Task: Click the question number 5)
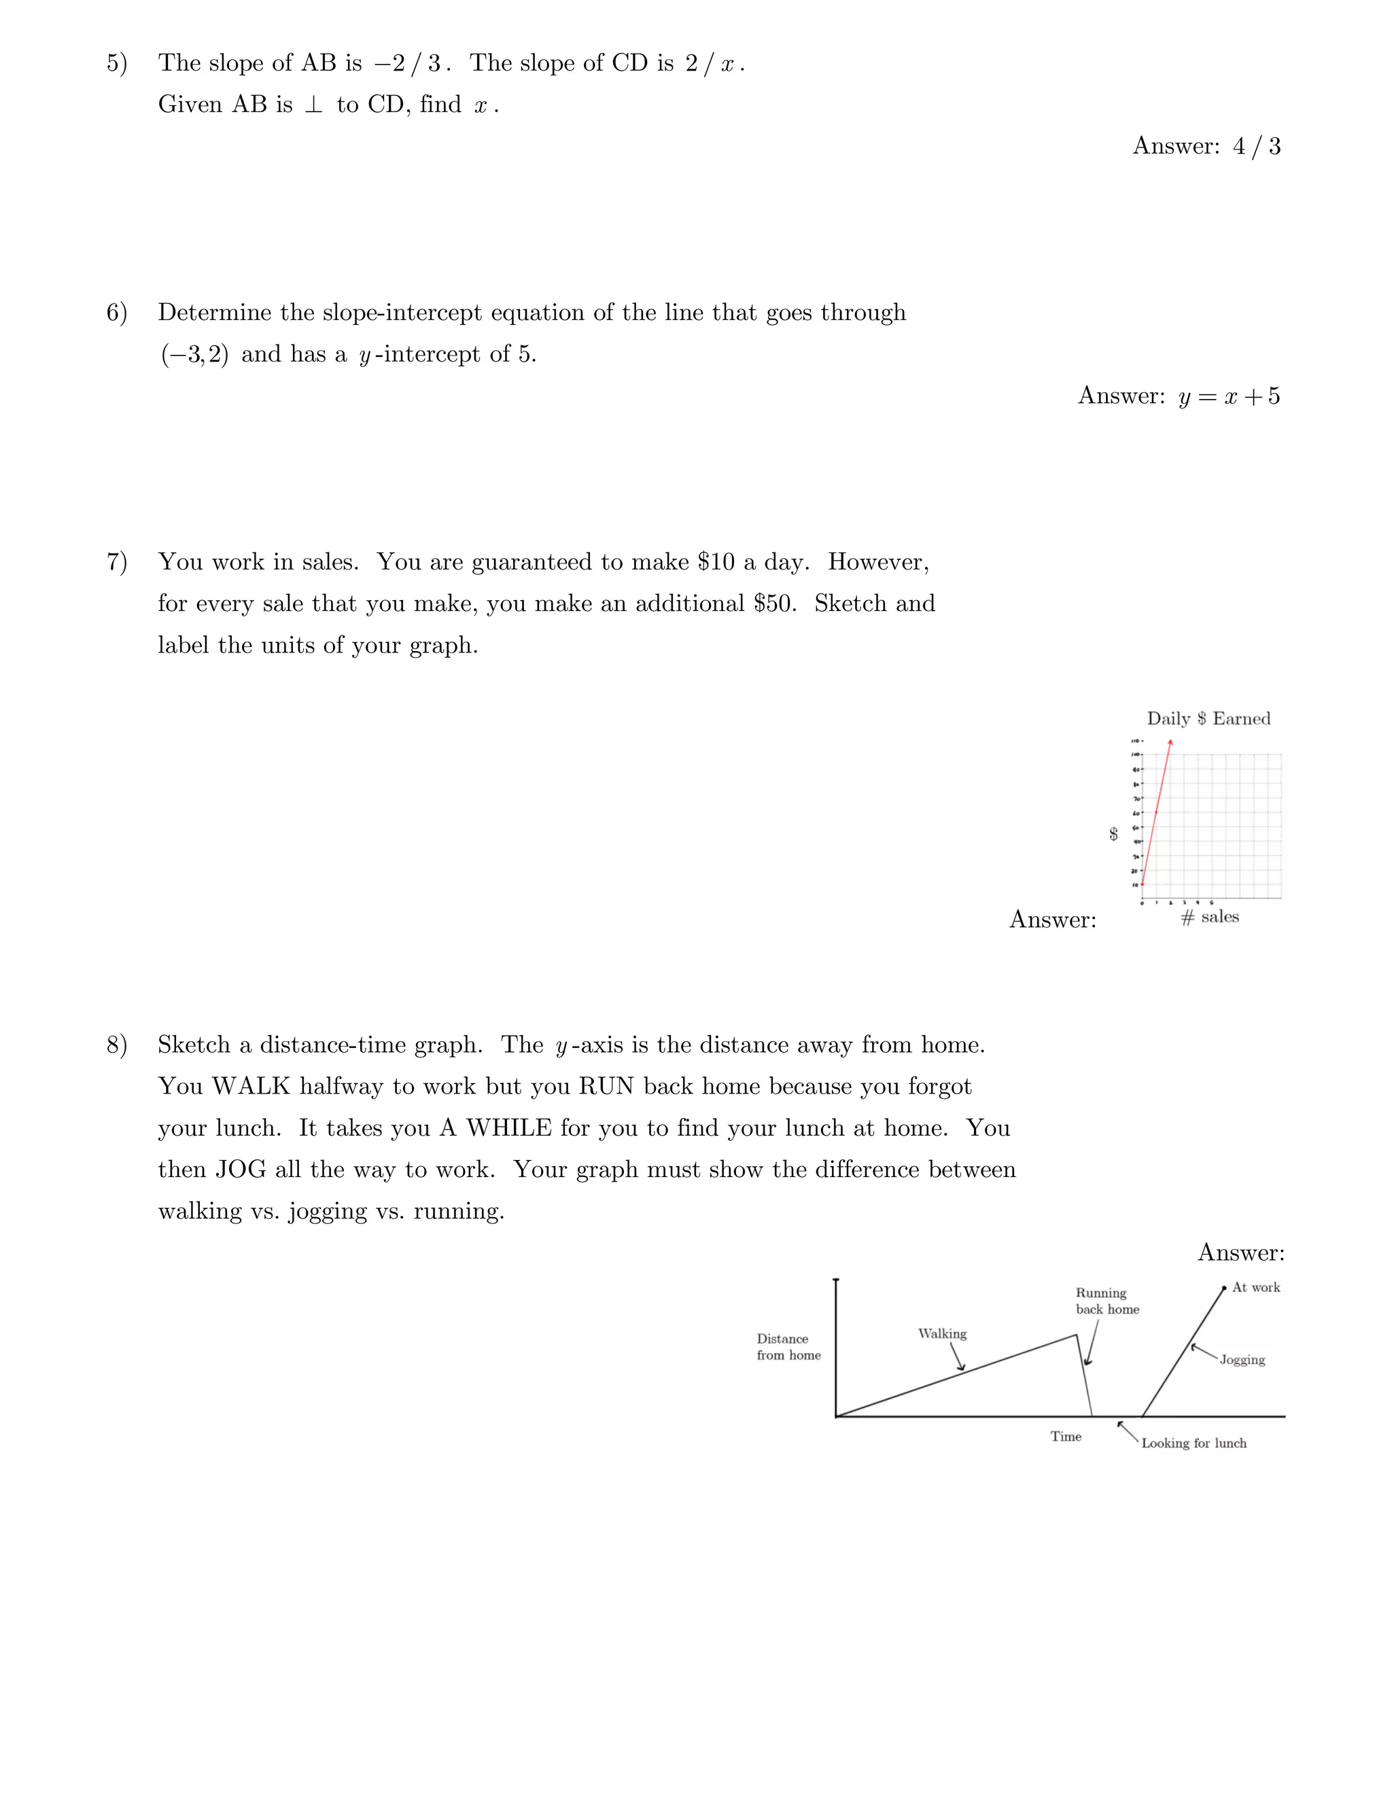click(x=116, y=63)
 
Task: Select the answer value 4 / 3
click(x=1256, y=147)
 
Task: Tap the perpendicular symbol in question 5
click(x=313, y=105)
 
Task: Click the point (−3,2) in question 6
click(x=194, y=355)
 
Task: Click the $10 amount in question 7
click(x=715, y=563)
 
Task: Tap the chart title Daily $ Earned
click(x=1208, y=718)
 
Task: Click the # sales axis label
click(x=1210, y=917)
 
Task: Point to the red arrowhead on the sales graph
click(x=1170, y=743)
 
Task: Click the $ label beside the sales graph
click(x=1113, y=834)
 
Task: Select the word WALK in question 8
click(x=251, y=1087)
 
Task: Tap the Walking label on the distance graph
click(x=942, y=1333)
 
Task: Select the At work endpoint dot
click(x=1225, y=1288)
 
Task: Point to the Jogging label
click(x=1242, y=1360)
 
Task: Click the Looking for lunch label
click(x=1194, y=1443)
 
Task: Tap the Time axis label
click(x=1066, y=1437)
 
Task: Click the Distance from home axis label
click(x=788, y=1346)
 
